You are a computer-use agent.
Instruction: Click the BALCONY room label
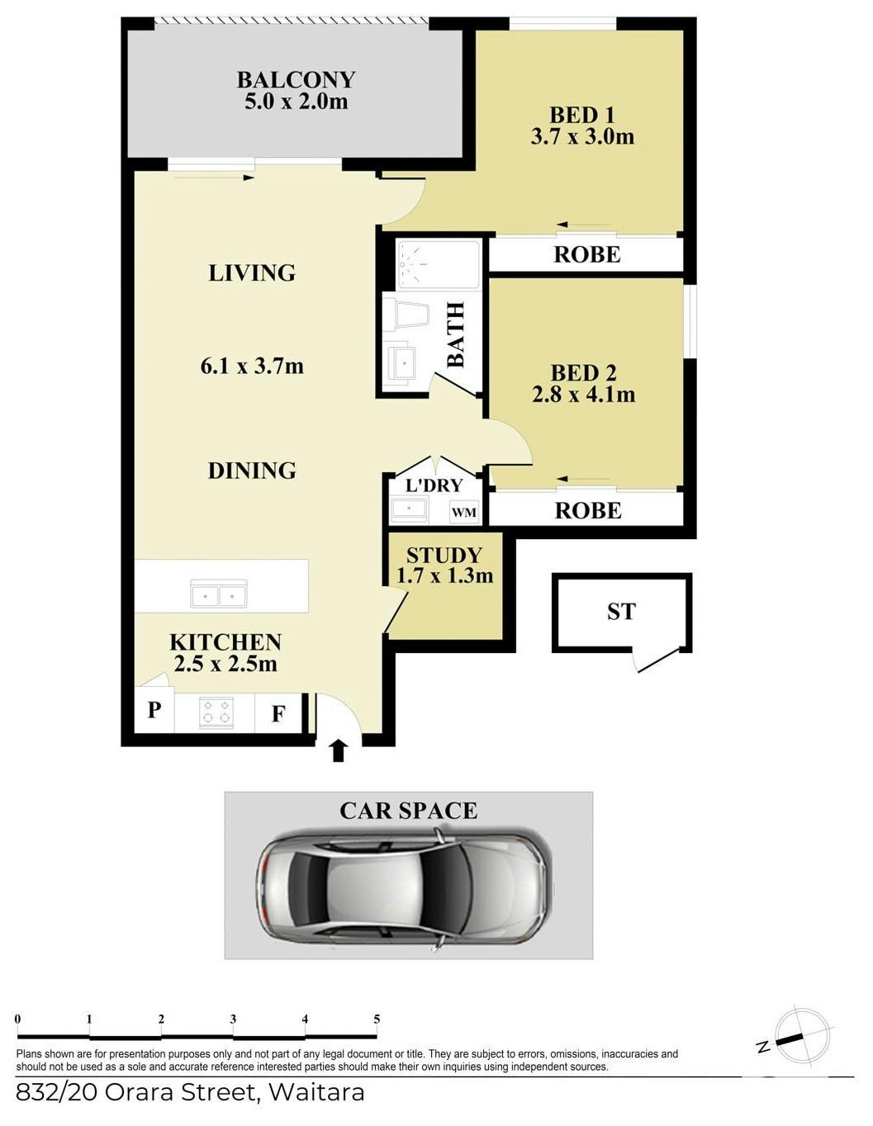(296, 80)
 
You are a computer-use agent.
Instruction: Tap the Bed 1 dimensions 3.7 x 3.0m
(582, 137)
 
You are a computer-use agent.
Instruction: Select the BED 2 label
(584, 373)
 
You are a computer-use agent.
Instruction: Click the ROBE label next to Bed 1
(587, 254)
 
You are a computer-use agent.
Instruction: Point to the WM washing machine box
(464, 512)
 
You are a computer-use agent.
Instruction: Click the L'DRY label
(434, 485)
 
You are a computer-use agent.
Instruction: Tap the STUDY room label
(444, 556)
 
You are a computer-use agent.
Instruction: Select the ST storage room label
(621, 612)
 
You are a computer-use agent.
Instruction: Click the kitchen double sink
(219, 594)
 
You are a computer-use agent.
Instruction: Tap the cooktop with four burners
(216, 712)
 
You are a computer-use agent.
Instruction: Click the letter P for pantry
(154, 710)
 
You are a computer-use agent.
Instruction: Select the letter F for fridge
(278, 714)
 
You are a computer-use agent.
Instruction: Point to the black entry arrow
(338, 751)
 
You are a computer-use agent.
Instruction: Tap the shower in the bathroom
(438, 264)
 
